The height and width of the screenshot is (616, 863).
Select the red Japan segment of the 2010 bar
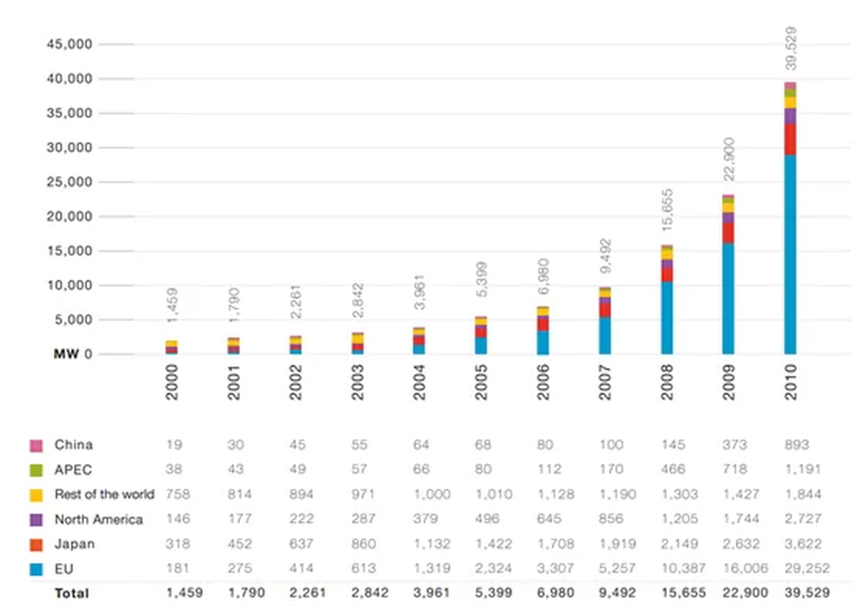(x=789, y=139)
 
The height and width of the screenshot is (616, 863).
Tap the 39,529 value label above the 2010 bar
(x=790, y=49)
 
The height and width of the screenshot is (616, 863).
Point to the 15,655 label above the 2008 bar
(x=667, y=213)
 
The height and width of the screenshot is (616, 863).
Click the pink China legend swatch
(x=37, y=444)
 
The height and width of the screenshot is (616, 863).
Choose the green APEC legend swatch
(x=37, y=469)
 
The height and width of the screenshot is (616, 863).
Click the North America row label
(x=98, y=519)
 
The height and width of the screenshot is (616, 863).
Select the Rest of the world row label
(x=104, y=494)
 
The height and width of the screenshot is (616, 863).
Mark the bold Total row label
(x=72, y=593)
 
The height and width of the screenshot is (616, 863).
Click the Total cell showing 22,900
(x=743, y=593)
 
